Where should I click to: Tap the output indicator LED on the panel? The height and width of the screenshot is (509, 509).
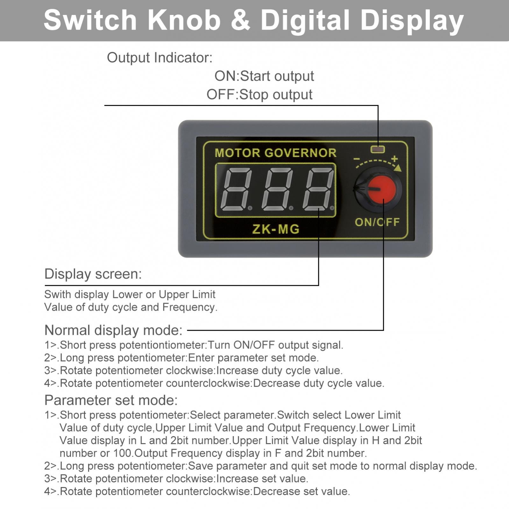378,149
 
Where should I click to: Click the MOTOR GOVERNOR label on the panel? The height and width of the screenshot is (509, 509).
276,153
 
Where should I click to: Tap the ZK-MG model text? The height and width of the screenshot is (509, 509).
276,229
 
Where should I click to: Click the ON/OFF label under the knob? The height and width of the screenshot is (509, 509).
377,222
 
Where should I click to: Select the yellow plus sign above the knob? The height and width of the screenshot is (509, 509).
394,159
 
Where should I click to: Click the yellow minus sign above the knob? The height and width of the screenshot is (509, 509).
357,159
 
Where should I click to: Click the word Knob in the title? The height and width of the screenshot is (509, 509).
184,20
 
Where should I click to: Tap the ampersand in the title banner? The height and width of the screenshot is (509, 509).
241,20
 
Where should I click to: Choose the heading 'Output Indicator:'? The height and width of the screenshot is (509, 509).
159,58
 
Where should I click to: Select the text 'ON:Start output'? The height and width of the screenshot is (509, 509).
264,76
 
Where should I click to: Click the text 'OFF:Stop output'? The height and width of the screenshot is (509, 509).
259,95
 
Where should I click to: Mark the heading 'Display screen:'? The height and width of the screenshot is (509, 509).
93,274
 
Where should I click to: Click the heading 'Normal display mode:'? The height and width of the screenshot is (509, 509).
113,330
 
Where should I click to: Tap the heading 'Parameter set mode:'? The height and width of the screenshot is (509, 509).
111,400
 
